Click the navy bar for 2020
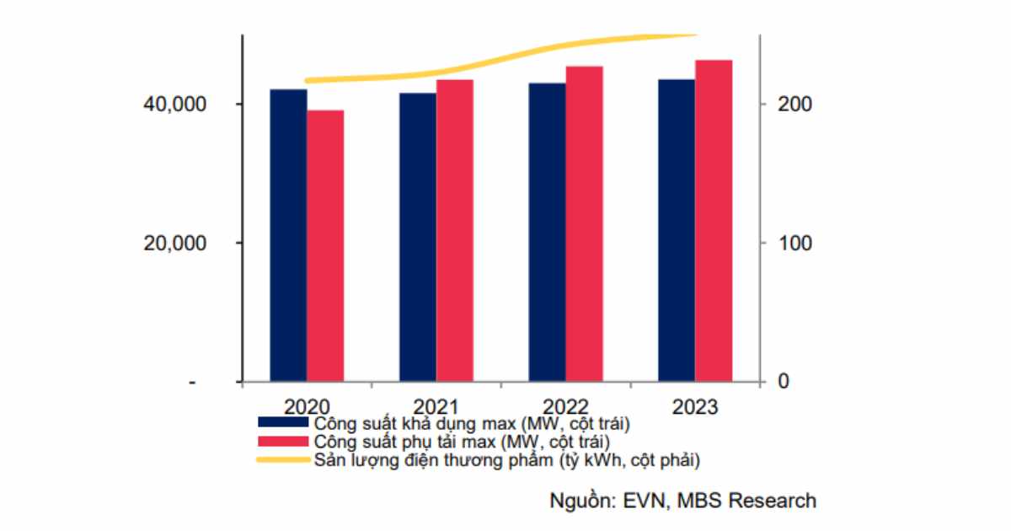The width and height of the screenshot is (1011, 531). [x=288, y=236]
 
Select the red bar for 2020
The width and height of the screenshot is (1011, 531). [x=325, y=246]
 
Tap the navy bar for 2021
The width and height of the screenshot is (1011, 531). [x=418, y=238]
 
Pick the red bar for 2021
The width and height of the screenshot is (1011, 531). [x=455, y=231]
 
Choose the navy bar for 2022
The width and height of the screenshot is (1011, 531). [x=548, y=233]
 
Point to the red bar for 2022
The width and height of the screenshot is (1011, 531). [x=585, y=224]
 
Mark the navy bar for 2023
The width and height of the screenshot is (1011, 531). [x=677, y=231]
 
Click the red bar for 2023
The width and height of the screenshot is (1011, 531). [x=714, y=221]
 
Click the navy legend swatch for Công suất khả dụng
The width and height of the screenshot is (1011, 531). [x=283, y=421]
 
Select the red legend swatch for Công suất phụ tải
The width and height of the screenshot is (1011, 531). [x=283, y=441]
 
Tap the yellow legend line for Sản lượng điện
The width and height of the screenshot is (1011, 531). [x=283, y=460]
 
